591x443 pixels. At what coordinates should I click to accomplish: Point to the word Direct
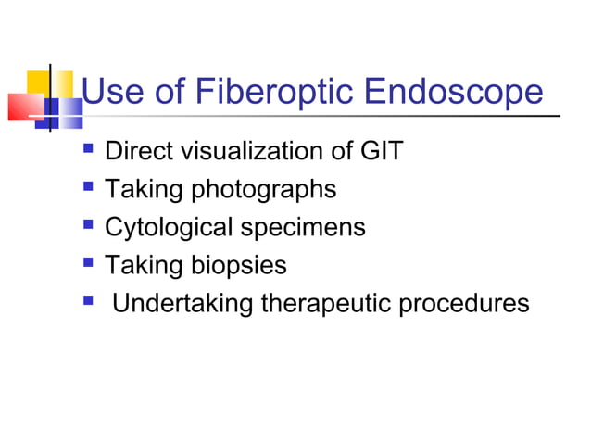[x=136, y=150]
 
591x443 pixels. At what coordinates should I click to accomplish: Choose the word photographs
[x=263, y=190]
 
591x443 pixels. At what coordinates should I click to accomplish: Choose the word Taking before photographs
[x=143, y=190]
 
